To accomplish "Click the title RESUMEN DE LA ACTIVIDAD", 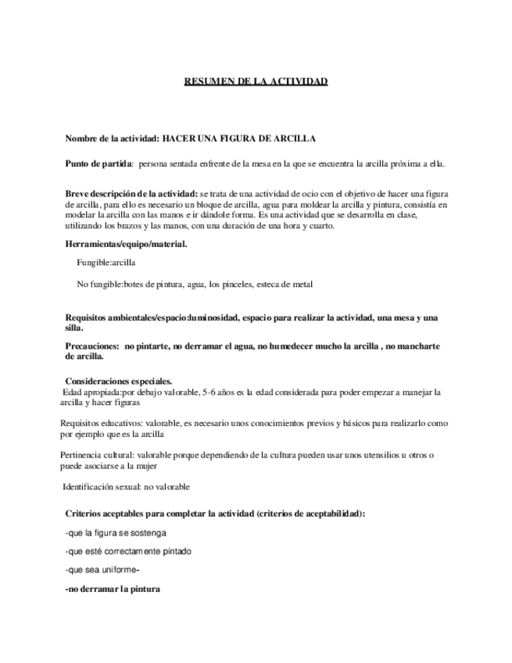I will point(256,81).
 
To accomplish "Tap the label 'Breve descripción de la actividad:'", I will point(131,193).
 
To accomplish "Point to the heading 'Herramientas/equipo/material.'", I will point(126,244).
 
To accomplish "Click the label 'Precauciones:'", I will point(92,345).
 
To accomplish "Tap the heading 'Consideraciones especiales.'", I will point(118,381).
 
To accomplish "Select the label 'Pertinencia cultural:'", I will point(97,454).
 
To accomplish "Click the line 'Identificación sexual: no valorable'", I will point(126,486).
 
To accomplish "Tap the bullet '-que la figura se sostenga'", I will point(115,532).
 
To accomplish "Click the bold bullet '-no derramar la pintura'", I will point(112,589).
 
